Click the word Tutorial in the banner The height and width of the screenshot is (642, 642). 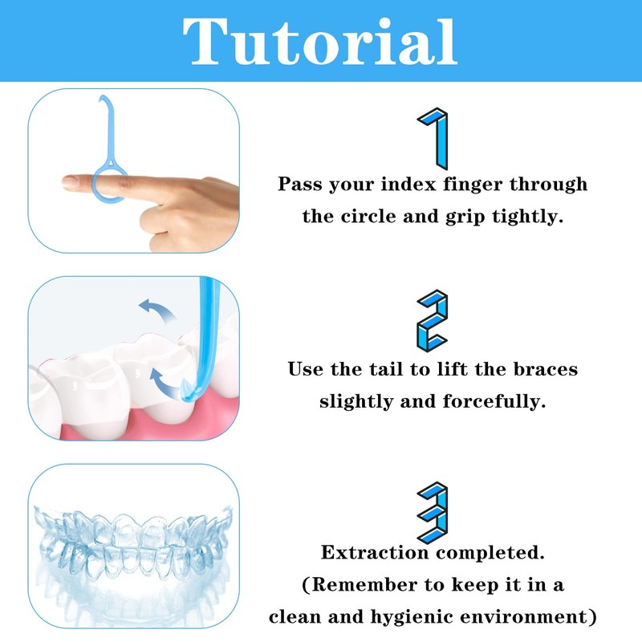point(319,41)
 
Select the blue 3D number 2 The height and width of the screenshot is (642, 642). point(433,320)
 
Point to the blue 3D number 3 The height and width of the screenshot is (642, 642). point(433,513)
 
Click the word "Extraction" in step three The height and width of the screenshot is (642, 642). point(374,552)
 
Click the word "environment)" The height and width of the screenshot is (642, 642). point(528,617)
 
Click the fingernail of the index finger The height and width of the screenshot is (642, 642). point(71,183)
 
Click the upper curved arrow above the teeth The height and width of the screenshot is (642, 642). point(157,310)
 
